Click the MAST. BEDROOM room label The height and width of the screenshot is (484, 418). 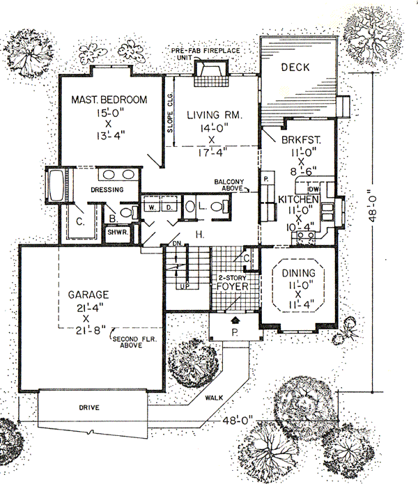click(x=109, y=100)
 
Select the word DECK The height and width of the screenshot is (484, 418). click(x=295, y=68)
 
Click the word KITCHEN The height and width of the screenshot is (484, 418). click(x=299, y=200)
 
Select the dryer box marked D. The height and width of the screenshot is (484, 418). click(x=168, y=207)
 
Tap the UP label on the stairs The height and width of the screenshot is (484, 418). click(x=184, y=286)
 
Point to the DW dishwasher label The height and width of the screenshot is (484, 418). click(x=314, y=189)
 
